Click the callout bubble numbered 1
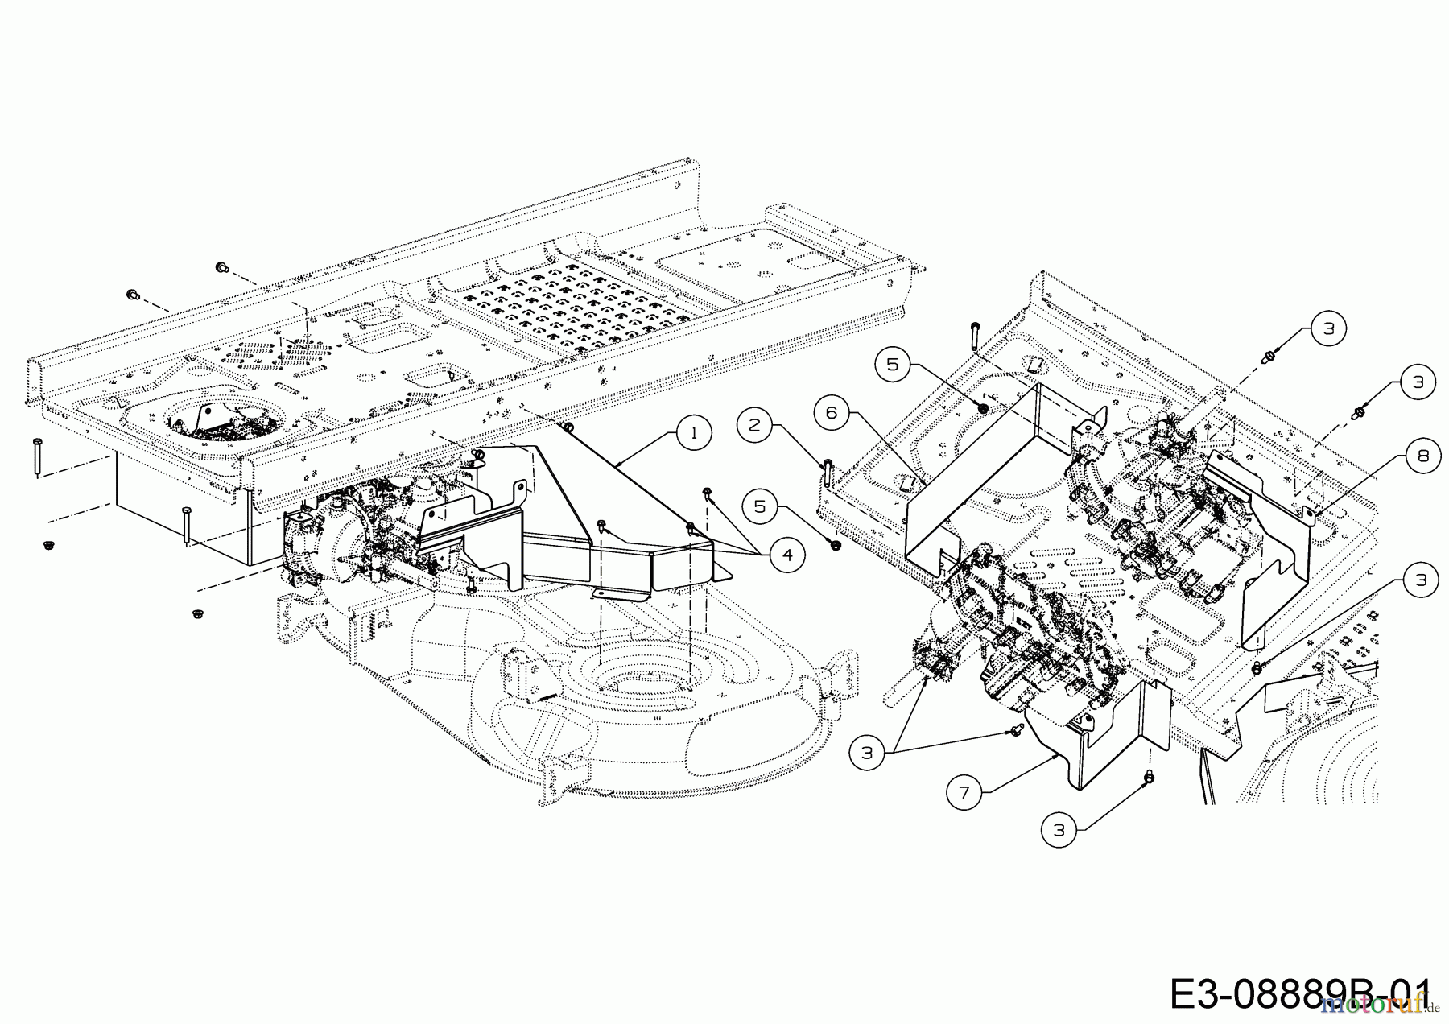pos(694,432)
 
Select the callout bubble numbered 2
pos(754,424)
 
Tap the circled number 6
pos(832,413)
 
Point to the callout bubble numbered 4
pos(786,555)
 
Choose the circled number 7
pos(964,794)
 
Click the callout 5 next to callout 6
pos(892,364)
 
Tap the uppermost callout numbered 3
pos(1328,328)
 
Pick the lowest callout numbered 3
pos(1059,830)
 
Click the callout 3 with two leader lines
pos(867,754)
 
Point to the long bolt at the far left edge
pos(37,457)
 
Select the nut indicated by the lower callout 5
pos(834,545)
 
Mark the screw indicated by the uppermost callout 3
pos(1269,354)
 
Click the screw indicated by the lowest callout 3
pos(1149,777)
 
